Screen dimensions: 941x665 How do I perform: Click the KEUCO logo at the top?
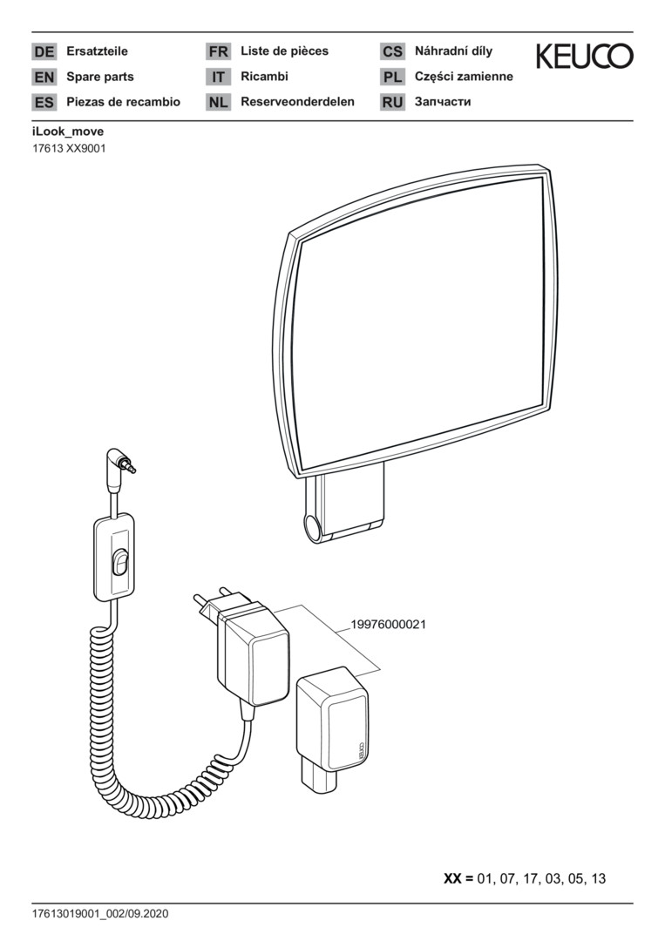(584, 58)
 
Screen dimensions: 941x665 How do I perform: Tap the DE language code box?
(44, 52)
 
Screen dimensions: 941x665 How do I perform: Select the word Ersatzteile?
(97, 51)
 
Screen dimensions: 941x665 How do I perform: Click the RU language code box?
(392, 103)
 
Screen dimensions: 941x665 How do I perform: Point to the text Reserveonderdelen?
(297, 102)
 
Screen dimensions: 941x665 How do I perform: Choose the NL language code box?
(218, 103)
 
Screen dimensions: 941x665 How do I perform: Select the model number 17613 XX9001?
(69, 148)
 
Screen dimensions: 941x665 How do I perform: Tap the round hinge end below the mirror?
(312, 526)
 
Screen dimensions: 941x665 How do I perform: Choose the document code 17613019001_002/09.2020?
(99, 914)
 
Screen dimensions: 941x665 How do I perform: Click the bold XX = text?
(458, 878)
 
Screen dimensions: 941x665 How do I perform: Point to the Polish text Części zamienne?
(464, 77)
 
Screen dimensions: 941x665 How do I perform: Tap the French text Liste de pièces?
(284, 51)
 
